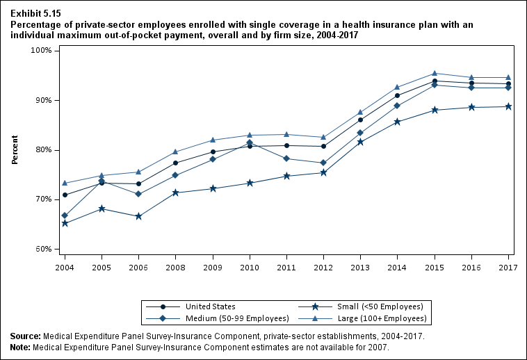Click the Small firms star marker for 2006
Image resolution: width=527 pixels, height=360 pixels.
138,216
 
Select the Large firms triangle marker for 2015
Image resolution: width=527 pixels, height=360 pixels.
435,73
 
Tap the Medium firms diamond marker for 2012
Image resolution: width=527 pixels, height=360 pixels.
323,163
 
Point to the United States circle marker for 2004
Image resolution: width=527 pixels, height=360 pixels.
65,195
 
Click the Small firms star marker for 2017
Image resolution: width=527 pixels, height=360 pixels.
508,106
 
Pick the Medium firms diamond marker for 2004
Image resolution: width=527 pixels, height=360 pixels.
65,215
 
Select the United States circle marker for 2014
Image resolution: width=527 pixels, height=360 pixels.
397,96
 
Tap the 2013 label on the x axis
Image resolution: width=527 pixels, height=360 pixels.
360,267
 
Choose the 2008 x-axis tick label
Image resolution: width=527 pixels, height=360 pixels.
175,267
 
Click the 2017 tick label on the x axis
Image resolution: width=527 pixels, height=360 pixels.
508,267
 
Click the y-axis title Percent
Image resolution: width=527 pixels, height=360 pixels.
15,149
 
